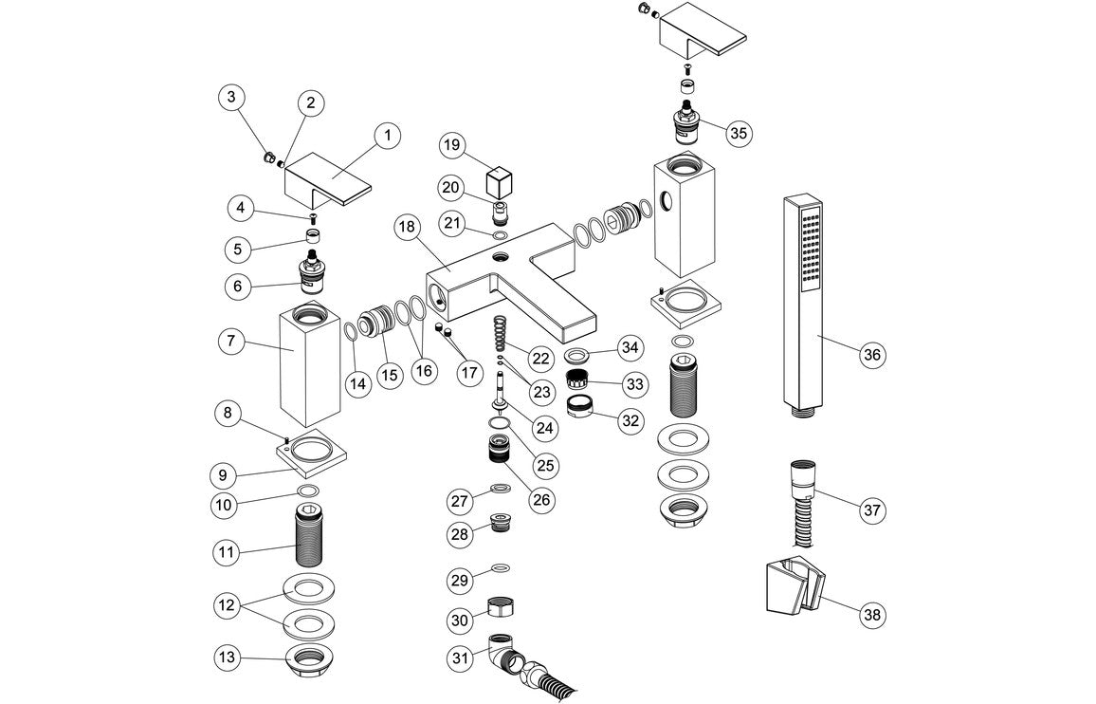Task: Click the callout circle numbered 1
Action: (x=386, y=135)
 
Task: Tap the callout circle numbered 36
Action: (x=872, y=355)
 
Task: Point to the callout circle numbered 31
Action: (x=461, y=656)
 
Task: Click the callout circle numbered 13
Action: (x=228, y=658)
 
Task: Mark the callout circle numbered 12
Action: (x=228, y=604)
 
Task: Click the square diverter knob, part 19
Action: (x=498, y=181)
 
